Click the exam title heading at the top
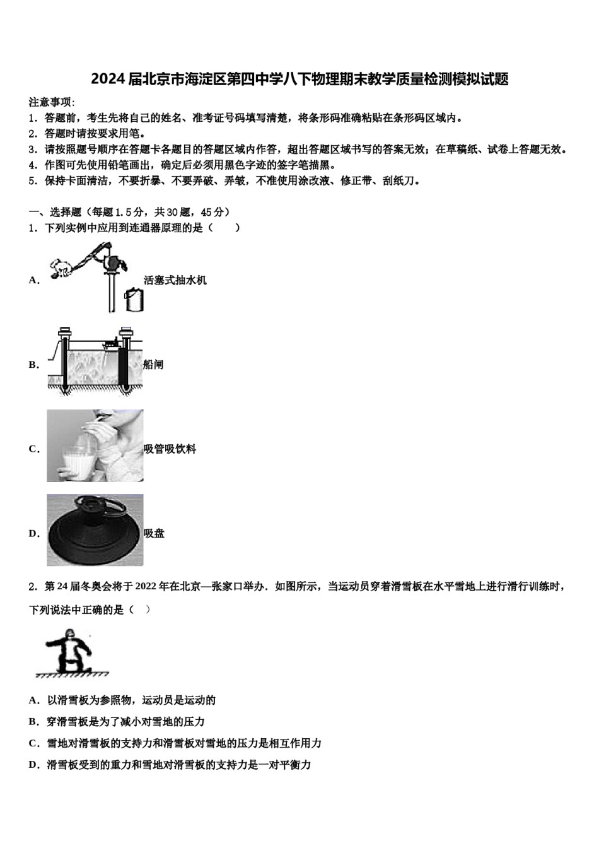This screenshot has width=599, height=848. (299, 79)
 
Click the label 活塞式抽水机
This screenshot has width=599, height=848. (175, 280)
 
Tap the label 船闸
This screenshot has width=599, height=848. (153, 365)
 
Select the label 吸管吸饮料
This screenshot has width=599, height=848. (170, 449)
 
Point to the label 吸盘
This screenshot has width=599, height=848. (154, 534)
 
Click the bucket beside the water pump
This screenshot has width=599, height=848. (134, 299)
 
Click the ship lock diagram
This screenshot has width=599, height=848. (95, 361)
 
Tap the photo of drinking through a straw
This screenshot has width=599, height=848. (95, 445)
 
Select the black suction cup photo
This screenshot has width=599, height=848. (95, 530)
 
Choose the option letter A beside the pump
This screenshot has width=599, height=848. (34, 280)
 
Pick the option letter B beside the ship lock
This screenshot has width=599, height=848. (34, 365)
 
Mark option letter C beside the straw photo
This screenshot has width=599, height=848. (34, 449)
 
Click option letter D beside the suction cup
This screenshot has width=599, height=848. (34, 534)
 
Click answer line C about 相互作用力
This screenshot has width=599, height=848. (175, 743)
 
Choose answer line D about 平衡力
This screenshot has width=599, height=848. (170, 765)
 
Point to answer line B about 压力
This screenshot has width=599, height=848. (117, 722)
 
